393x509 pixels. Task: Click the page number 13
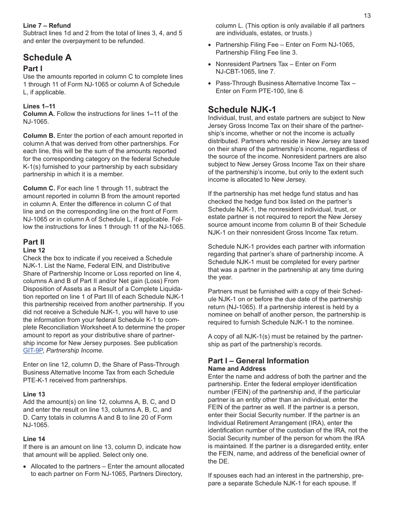(367, 16)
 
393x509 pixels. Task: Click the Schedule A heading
(47, 58)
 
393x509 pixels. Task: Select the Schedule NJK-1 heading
(242, 109)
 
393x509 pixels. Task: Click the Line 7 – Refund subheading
(47, 26)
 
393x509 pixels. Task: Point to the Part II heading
(34, 242)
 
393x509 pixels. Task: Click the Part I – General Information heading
(258, 361)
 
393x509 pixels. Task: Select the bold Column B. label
(39, 136)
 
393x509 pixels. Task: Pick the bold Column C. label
(39, 188)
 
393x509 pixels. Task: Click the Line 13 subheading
(34, 394)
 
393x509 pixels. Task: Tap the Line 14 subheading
(34, 439)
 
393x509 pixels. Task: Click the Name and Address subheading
(237, 369)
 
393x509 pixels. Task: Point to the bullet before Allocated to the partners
(25, 466)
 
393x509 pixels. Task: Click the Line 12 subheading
(34, 250)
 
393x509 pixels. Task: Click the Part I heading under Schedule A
(33, 69)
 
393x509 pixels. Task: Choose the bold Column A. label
(39, 114)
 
